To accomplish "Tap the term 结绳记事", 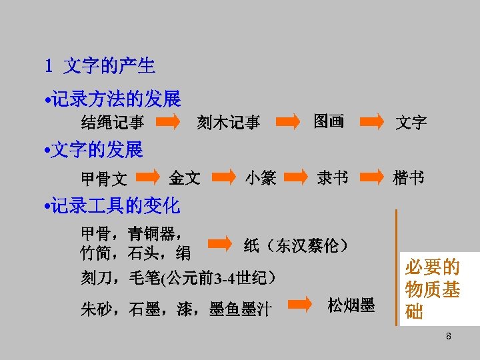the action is [113, 123].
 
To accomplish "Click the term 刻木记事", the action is [228, 123].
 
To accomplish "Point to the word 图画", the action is [329, 121].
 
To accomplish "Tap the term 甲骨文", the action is [103, 179].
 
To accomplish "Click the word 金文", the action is [184, 178].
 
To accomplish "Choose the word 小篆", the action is [260, 178].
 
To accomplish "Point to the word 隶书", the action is [332, 178].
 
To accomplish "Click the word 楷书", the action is [408, 178].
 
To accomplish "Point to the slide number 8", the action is [449, 337].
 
